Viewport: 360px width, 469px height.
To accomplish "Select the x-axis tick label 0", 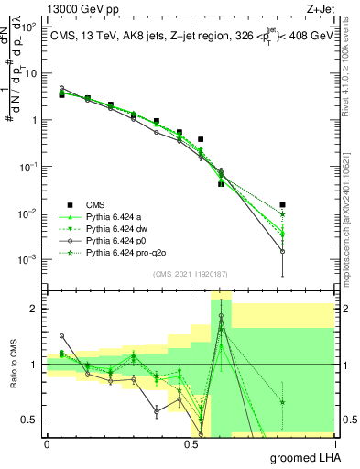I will (x=47, y=444).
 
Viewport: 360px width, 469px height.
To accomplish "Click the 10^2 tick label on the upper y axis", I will (x=30, y=27).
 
